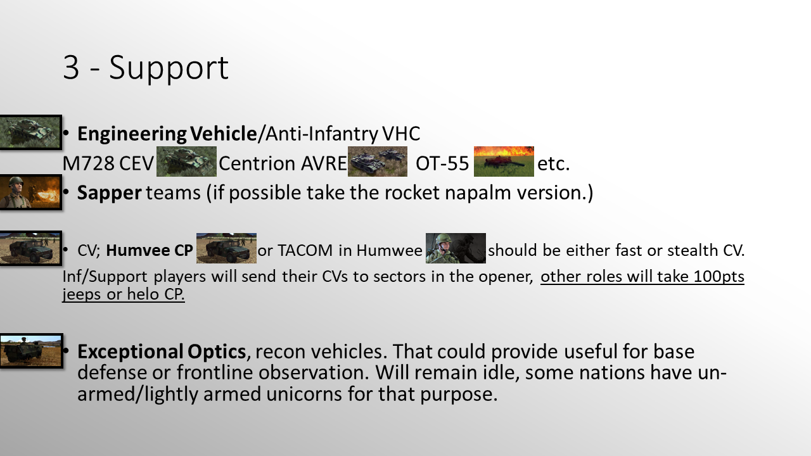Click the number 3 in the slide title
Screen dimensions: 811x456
(x=71, y=67)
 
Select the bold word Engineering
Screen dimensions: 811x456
(x=132, y=134)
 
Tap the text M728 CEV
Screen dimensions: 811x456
(x=108, y=163)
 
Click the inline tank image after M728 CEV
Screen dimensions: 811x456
(x=186, y=161)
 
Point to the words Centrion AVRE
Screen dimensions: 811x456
(x=283, y=163)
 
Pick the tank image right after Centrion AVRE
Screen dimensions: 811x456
(x=378, y=161)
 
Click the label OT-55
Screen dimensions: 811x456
(x=442, y=163)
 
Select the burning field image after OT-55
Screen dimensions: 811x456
(x=504, y=161)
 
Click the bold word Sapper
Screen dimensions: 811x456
(x=110, y=193)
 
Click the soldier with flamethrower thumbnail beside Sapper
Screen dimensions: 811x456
(x=31, y=192)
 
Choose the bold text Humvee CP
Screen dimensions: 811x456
(x=149, y=250)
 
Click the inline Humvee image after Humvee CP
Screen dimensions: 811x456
(x=226, y=248)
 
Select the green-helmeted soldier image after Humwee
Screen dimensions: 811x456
(x=456, y=248)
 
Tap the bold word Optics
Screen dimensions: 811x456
(x=217, y=351)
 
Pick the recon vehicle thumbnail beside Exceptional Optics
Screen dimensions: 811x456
(x=32, y=351)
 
